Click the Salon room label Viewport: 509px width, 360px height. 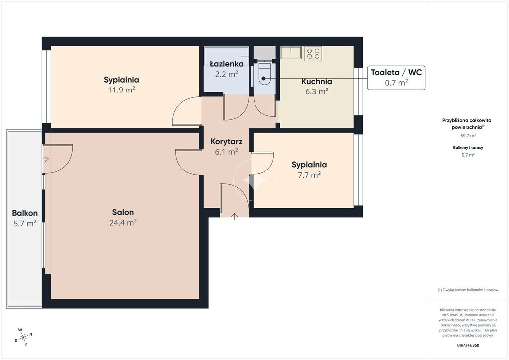(123, 212)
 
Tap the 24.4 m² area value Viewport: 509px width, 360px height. (123, 223)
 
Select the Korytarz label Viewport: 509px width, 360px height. (226, 142)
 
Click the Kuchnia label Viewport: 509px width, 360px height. (317, 81)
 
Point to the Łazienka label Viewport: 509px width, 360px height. (227, 63)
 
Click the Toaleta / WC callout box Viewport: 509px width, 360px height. (396, 77)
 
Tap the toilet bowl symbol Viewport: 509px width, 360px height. (263, 74)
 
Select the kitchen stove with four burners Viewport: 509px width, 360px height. (313, 54)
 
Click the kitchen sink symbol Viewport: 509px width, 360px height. (291, 53)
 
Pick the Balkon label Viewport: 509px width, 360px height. (25, 213)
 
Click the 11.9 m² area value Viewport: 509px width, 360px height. (121, 90)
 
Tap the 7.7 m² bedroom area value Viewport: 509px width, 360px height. (309, 175)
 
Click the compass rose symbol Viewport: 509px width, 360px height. (23, 338)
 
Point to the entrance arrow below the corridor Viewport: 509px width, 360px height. (235, 217)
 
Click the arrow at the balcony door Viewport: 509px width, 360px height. (46, 159)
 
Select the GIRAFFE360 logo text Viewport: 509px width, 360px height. (468, 345)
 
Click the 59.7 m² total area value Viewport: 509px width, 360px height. (468, 136)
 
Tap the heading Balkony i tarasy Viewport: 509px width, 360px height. (468, 147)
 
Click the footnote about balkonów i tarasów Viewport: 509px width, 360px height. (468, 290)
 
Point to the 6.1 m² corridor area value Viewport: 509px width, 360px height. (226, 152)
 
